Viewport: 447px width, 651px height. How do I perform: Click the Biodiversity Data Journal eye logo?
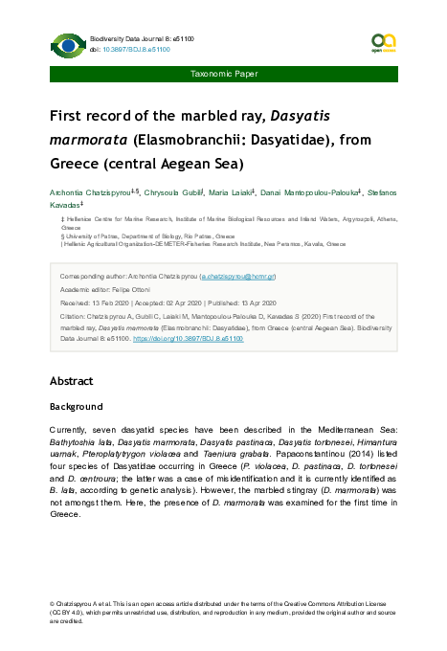66,43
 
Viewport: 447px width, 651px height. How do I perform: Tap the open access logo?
383,43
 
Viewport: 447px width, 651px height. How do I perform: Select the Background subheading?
76,407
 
